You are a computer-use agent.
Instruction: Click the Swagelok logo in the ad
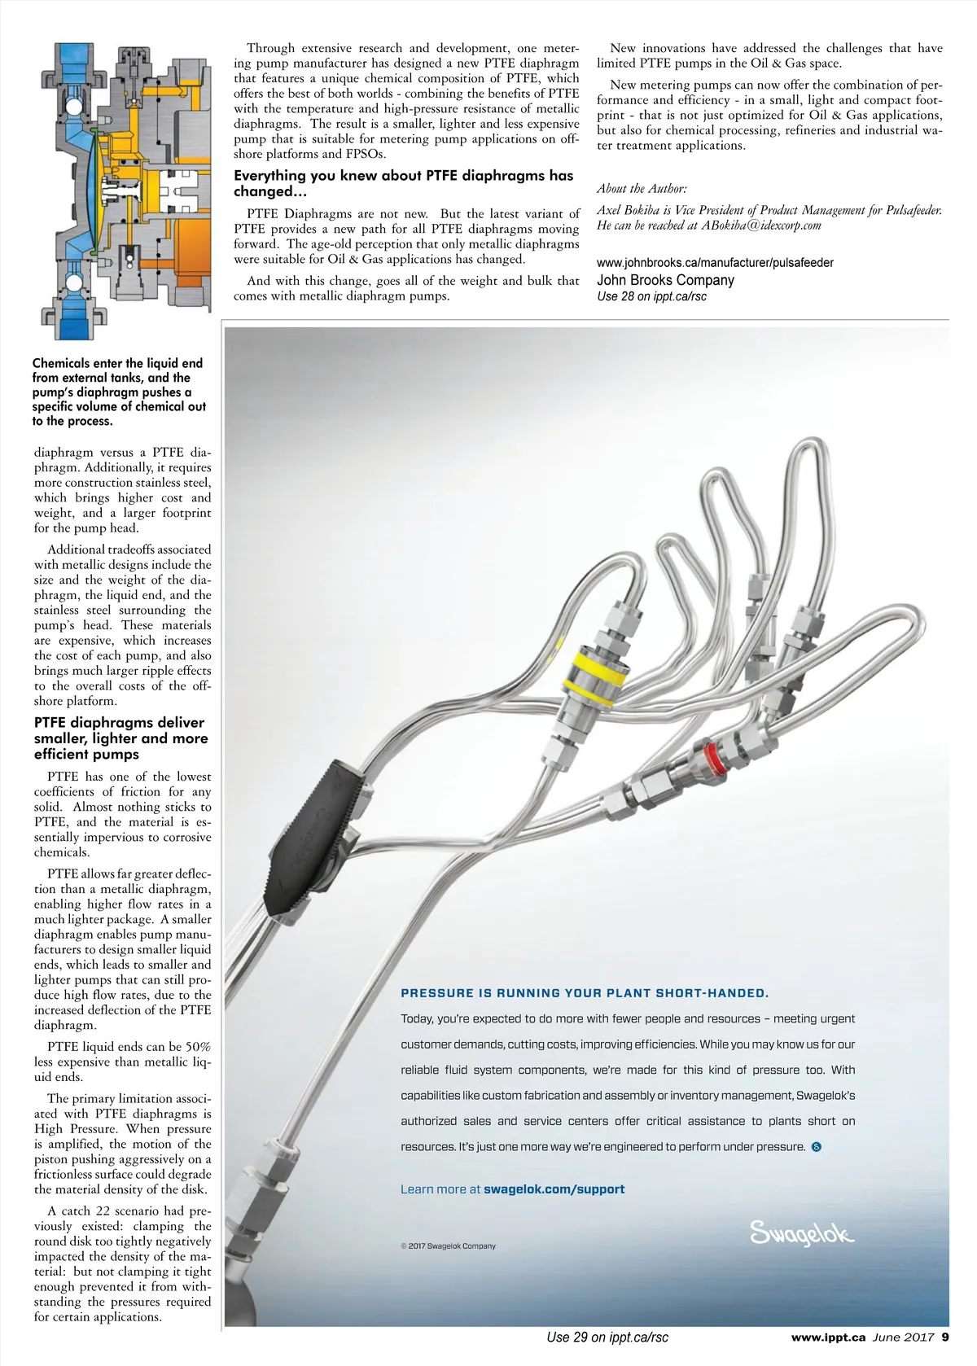801,1233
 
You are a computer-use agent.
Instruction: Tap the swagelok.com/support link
554,1189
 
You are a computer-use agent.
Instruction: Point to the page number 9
945,1337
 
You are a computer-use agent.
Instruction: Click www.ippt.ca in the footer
828,1337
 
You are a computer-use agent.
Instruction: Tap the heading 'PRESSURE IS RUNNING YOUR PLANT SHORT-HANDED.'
585,993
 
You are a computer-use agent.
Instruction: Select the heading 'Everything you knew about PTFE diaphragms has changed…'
404,183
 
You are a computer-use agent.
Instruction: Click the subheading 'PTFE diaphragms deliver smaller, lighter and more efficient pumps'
120,738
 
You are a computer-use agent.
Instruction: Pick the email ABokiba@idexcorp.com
761,225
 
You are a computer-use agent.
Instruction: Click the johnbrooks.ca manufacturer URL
715,263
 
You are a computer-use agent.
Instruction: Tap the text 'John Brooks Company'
665,280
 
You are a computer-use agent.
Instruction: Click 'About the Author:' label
642,189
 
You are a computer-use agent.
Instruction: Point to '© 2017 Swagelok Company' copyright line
448,1246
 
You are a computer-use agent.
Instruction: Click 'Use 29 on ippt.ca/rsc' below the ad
607,1337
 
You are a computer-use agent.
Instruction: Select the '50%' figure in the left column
198,1047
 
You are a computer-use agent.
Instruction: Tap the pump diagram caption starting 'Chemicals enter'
119,392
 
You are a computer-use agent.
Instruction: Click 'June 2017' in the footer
903,1337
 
